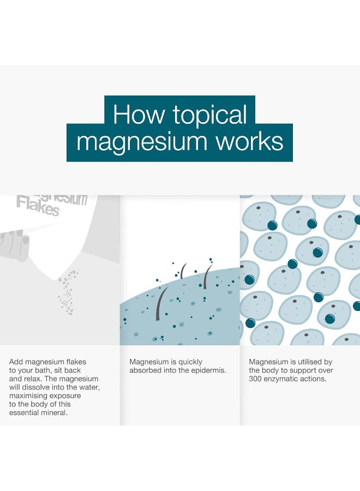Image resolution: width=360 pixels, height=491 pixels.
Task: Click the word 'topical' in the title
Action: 210,115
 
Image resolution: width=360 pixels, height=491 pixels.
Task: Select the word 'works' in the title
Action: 249,141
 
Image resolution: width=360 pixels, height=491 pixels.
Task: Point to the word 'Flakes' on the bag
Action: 38,206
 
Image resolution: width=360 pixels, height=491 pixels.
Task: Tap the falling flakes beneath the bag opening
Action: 67,292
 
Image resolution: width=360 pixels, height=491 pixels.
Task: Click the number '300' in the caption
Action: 255,379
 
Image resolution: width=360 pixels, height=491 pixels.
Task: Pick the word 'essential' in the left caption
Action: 23,413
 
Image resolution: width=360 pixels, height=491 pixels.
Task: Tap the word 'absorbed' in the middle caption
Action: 144,370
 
